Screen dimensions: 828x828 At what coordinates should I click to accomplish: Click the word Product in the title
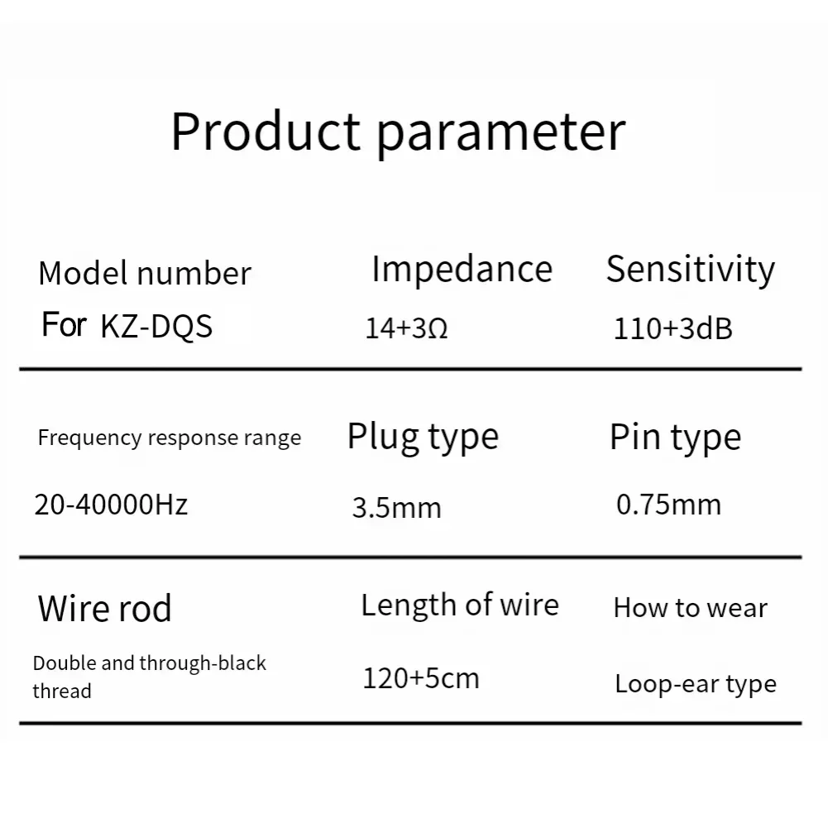pos(266,131)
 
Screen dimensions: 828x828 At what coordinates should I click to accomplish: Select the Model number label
pos(145,274)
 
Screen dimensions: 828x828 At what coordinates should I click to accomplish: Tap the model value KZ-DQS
pos(156,326)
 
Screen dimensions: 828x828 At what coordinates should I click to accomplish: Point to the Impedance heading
pos(462,270)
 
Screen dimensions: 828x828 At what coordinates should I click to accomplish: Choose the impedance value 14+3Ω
pos(406,329)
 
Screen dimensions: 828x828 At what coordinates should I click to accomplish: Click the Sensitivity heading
pos(691,270)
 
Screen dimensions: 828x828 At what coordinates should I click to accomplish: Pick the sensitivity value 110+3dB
pos(672,329)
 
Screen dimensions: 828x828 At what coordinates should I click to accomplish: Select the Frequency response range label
pos(170,438)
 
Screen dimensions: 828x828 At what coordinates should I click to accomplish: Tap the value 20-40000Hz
pos(111,504)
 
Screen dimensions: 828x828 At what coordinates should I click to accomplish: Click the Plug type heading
pos(423,437)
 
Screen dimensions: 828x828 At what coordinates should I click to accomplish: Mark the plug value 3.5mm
pos(396,507)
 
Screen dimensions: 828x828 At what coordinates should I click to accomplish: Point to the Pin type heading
pos(675,438)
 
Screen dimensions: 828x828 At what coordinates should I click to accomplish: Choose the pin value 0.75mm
pos(668,505)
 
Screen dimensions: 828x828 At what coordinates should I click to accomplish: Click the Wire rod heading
pos(105,609)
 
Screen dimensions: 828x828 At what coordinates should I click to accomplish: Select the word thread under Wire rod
pos(62,691)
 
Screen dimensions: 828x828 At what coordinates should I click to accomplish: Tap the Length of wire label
pos(460,605)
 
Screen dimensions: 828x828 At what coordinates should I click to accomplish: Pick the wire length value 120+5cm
pos(421,679)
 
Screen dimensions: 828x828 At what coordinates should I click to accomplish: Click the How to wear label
pos(690,609)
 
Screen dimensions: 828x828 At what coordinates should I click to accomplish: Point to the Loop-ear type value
pos(695,685)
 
